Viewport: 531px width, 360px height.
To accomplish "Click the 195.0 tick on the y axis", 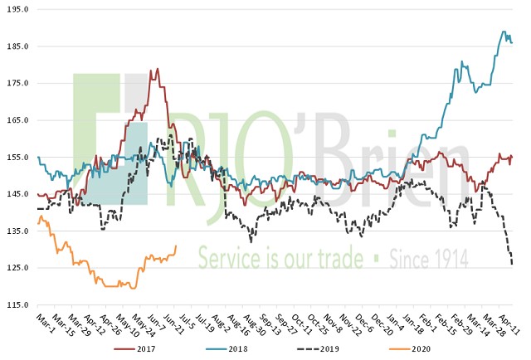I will pyautogui.click(x=17, y=10).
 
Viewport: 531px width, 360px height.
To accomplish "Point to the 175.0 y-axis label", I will pyautogui.click(x=17, y=84).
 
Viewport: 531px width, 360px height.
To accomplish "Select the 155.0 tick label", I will pyautogui.click(x=17, y=158).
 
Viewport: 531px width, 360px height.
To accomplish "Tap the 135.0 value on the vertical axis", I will pyautogui.click(x=17, y=231).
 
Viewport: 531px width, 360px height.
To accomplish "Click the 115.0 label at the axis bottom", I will pyautogui.click(x=17, y=305).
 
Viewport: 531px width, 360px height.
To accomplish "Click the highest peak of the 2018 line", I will pyautogui.click(x=504, y=32).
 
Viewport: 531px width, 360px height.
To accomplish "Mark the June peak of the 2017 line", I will pyautogui.click(x=157, y=69).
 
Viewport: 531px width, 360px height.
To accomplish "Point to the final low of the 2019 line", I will pyautogui.click(x=512, y=265).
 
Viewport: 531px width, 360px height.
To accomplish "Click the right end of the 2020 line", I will pyautogui.click(x=176, y=245).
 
